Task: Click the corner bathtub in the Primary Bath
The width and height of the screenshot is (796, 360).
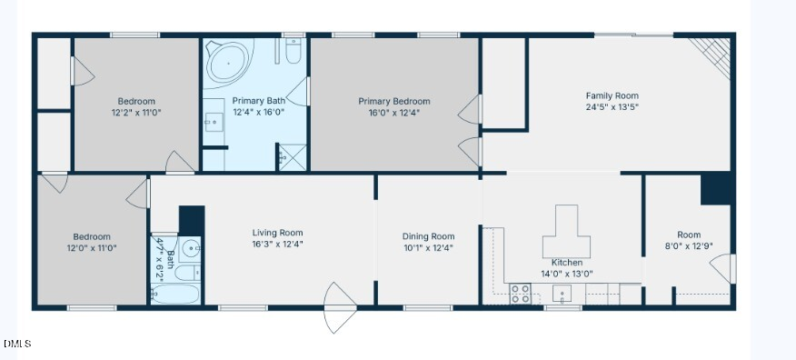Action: click(228, 62)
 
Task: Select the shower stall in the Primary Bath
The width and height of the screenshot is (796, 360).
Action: click(293, 156)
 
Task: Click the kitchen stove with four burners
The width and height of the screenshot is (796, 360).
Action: click(521, 294)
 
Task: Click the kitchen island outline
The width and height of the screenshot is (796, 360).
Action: click(567, 234)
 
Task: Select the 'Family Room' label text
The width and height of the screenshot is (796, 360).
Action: click(612, 95)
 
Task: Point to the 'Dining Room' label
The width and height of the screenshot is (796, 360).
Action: click(428, 236)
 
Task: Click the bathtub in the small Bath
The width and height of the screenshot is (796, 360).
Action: click(175, 294)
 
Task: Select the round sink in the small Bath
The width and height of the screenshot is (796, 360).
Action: click(190, 248)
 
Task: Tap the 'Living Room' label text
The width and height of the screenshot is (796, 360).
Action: click(277, 233)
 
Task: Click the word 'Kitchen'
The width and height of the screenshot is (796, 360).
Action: click(567, 263)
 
